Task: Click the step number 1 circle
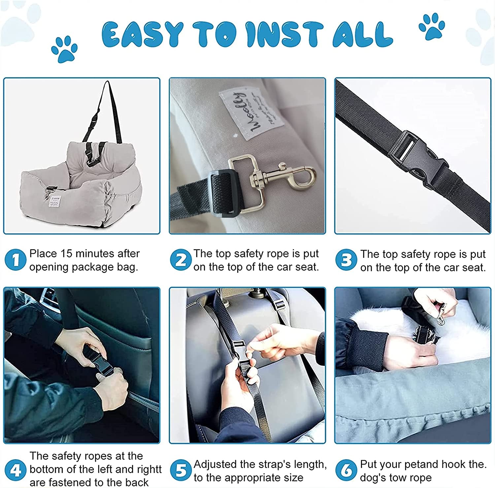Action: coord(16,260)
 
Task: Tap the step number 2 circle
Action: coord(181,260)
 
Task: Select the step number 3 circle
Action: coord(346,260)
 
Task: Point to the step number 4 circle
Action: coord(16,470)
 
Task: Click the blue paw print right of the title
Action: coord(432,26)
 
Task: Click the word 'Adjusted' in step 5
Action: coord(216,464)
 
